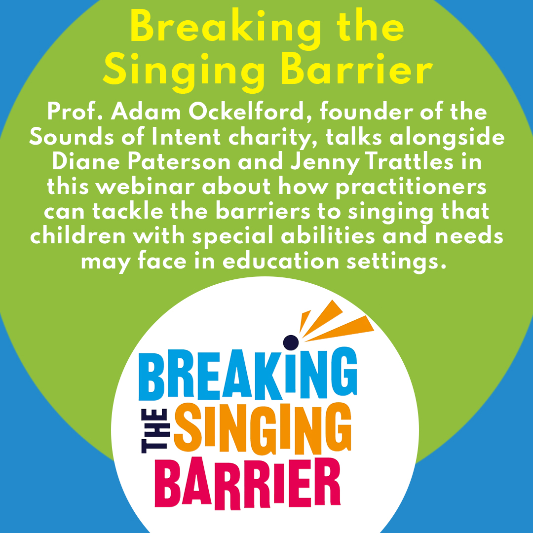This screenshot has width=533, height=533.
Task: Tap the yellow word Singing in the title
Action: pos(186,71)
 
